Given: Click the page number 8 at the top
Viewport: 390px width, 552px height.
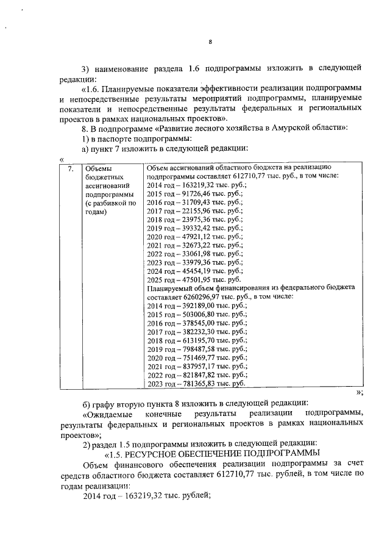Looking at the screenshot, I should pos(210,42).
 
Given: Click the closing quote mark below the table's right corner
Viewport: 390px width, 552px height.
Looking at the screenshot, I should pos(360,392).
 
